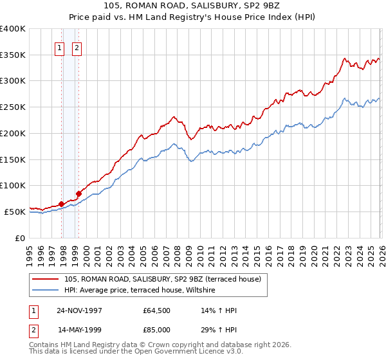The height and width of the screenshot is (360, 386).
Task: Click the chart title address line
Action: pyautogui.click(x=192, y=6)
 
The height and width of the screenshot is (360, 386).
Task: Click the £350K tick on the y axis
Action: pyautogui.click(x=13, y=55)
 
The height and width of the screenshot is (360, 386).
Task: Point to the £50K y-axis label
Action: pyautogui.click(x=15, y=212)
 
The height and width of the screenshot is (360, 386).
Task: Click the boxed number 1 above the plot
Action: pyautogui.click(x=59, y=47)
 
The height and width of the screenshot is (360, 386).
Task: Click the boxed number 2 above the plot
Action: pyautogui.click(x=77, y=47)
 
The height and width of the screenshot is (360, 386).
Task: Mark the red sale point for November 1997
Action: pyautogui.click(x=62, y=204)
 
